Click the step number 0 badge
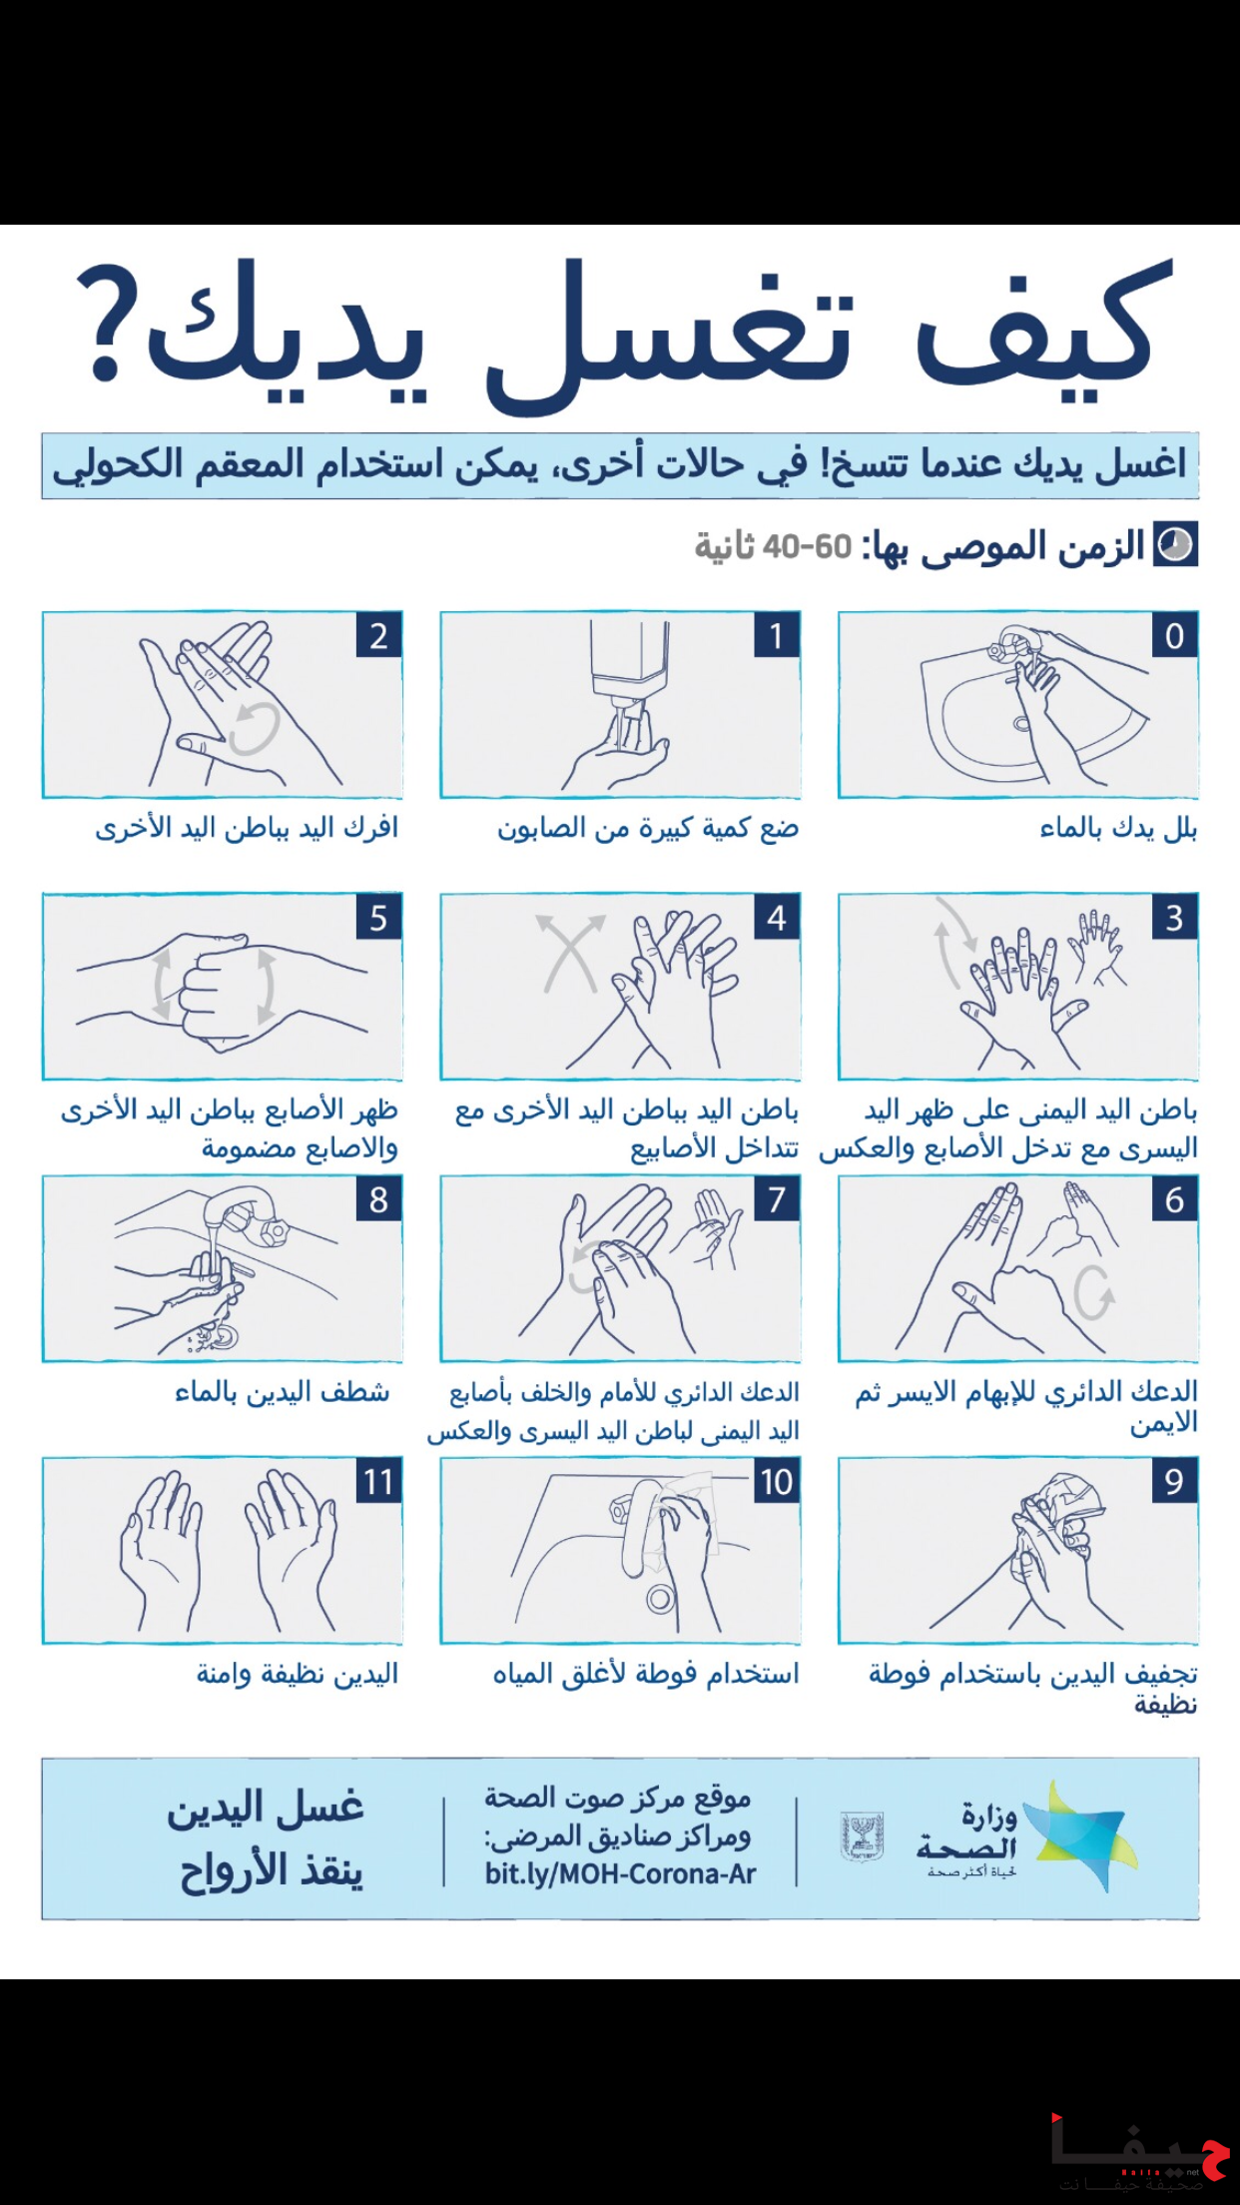click(1174, 636)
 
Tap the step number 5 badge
click(378, 918)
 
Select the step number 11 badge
click(378, 1481)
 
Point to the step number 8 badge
click(378, 1199)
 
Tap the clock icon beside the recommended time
click(1175, 545)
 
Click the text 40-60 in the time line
click(807, 547)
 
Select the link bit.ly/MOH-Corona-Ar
click(620, 1874)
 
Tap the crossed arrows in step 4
click(571, 953)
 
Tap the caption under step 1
click(648, 829)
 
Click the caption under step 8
click(283, 1392)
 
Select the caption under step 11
click(298, 1674)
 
